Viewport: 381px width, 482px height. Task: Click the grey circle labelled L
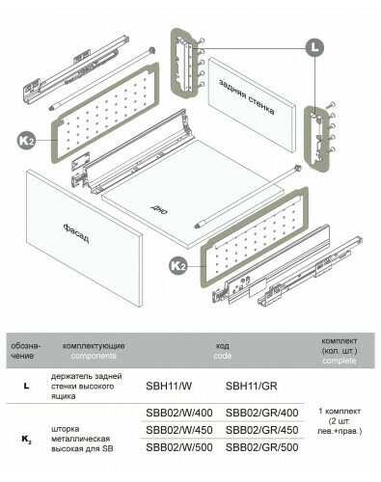[314, 48]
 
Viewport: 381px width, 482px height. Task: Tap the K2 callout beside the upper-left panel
[27, 141]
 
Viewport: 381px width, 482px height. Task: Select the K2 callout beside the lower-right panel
[178, 266]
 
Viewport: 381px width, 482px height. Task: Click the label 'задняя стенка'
[247, 96]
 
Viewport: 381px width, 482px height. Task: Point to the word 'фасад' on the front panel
[76, 233]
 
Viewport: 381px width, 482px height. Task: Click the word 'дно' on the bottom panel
[159, 209]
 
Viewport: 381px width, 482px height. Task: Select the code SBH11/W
[169, 386]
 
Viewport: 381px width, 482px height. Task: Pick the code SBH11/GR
[251, 386]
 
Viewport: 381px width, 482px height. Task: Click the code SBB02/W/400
[179, 413]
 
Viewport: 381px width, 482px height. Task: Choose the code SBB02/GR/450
[261, 430]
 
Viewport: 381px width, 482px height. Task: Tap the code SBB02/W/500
[179, 447]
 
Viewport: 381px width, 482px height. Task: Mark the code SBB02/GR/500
[261, 447]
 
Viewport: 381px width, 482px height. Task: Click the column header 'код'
[223, 346]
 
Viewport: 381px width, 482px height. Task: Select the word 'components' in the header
[94, 356]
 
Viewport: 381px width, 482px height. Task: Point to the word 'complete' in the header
[340, 361]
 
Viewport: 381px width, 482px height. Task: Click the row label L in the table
[26, 386]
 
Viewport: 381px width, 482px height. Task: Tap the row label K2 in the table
[26, 439]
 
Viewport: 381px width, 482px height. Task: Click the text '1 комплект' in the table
[340, 411]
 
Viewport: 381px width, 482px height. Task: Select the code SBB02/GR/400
[261, 413]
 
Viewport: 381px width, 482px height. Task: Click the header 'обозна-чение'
[26, 351]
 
